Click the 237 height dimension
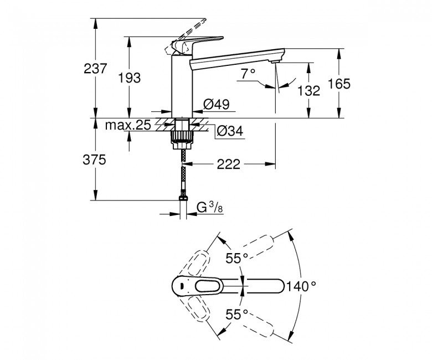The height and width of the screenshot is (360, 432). pyautogui.click(x=95, y=69)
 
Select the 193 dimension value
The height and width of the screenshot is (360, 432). pyautogui.click(x=129, y=78)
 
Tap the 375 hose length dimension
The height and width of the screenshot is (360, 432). pyautogui.click(x=94, y=160)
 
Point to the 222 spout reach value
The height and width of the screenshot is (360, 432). pyautogui.click(x=228, y=164)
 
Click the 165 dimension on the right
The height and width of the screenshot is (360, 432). pyautogui.click(x=339, y=84)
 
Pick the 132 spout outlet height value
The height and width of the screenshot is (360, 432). pyautogui.click(x=308, y=90)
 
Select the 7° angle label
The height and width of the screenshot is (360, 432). pyautogui.click(x=248, y=74)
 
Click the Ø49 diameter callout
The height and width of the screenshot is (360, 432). pyautogui.click(x=216, y=104)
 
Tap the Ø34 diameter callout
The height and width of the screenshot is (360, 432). pyautogui.click(x=230, y=131)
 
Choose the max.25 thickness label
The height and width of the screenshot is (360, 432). pyautogui.click(x=128, y=125)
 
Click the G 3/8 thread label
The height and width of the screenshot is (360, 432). pyautogui.click(x=210, y=207)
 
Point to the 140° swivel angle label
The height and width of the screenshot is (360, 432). pyautogui.click(x=301, y=286)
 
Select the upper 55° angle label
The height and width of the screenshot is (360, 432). pyautogui.click(x=237, y=258)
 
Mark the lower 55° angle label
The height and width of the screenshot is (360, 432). pyautogui.click(x=237, y=314)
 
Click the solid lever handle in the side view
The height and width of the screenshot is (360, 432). pyautogui.click(x=197, y=44)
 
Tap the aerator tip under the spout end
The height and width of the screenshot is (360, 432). pyautogui.click(x=275, y=61)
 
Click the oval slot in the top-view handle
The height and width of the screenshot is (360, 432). pyautogui.click(x=209, y=287)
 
